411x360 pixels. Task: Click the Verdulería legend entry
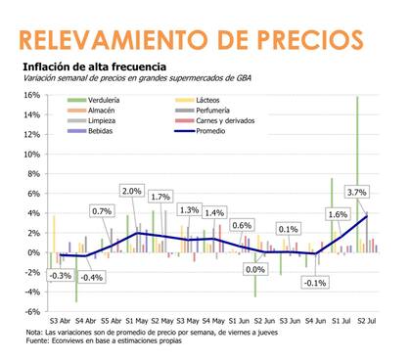(102, 100)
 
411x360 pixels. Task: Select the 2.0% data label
(131, 190)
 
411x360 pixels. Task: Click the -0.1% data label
(314, 282)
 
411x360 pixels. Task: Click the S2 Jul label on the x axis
(368, 320)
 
